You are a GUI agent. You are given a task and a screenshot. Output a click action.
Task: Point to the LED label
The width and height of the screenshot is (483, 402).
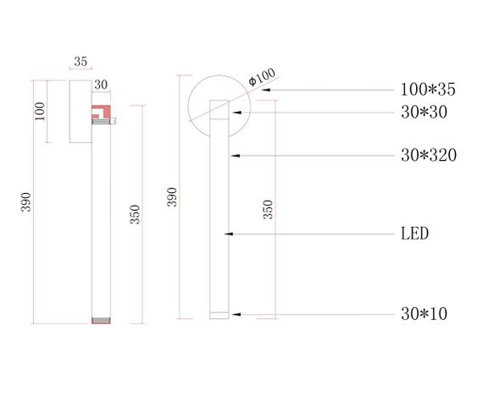pos(414,234)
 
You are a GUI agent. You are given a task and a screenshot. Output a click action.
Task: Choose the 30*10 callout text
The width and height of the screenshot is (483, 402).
pos(424,314)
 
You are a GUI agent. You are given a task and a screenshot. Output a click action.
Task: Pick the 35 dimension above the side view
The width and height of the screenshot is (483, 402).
pos(80,62)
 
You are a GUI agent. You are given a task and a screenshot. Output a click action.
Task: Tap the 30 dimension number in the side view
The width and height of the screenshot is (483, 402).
pos(101,85)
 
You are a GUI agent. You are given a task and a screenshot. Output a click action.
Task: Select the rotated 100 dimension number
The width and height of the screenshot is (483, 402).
pos(41,111)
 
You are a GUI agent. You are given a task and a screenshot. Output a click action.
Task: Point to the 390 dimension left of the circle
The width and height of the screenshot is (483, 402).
pos(172,197)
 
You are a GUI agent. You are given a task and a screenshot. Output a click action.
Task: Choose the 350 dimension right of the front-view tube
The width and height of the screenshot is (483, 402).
pos(268,210)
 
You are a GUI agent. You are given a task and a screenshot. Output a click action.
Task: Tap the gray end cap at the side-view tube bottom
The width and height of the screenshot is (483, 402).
pos(101,321)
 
